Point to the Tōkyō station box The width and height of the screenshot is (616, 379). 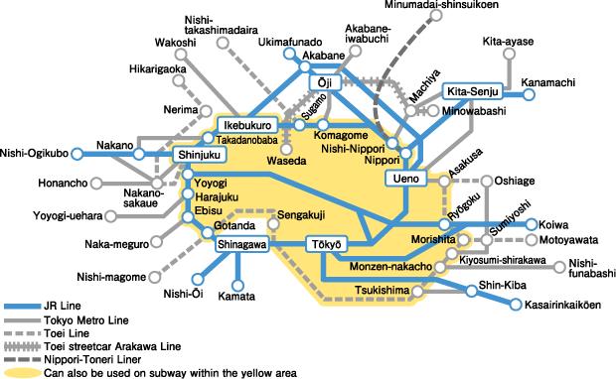point(325,244)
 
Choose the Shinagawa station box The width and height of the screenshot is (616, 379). point(241,244)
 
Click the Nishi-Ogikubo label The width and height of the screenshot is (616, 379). point(35,153)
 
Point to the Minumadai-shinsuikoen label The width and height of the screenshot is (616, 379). point(470,6)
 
